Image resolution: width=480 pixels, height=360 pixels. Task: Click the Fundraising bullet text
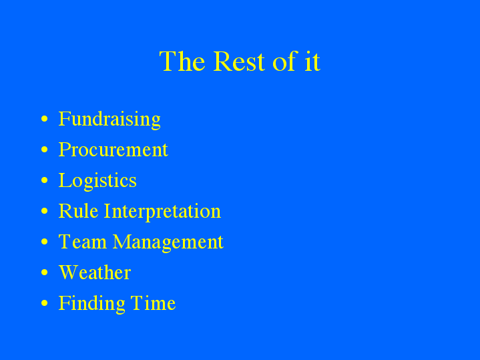(109, 120)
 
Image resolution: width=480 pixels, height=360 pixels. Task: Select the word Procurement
(113, 150)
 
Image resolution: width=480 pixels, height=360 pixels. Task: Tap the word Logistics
(97, 181)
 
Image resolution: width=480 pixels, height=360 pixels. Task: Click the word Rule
(78, 211)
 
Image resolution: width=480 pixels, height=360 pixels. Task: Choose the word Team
(82, 242)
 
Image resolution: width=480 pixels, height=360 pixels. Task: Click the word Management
(168, 242)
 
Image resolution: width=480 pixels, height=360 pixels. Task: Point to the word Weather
(94, 273)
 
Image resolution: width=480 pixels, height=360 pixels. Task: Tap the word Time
(153, 303)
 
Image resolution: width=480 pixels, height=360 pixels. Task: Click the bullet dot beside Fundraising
(45, 120)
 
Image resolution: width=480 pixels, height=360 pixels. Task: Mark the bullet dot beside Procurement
(45, 150)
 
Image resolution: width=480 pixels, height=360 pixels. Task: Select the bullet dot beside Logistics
(45, 181)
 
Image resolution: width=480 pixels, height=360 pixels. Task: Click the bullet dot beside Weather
(45, 273)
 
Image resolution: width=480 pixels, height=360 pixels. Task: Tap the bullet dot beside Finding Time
(45, 304)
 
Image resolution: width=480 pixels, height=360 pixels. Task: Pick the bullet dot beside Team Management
(45, 242)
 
